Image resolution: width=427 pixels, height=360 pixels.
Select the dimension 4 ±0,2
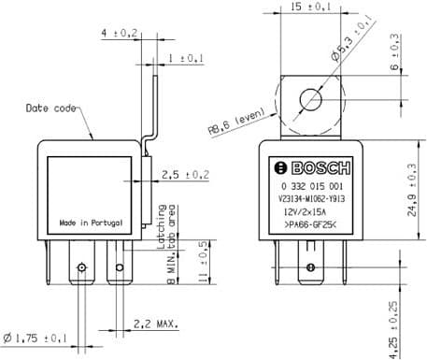[119, 33]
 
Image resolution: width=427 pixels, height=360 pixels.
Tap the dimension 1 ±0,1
[186, 58]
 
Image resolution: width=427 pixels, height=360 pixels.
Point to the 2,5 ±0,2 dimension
[184, 175]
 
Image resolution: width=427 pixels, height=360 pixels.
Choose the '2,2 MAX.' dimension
[156, 324]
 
